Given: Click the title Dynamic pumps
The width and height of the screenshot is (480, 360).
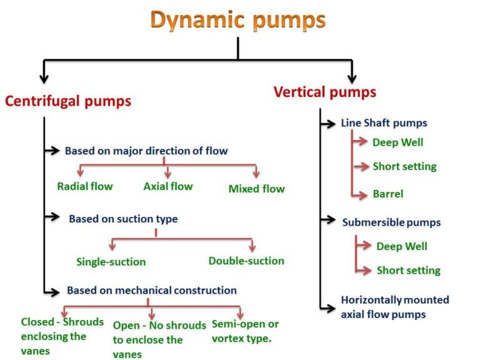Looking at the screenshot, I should (239, 20).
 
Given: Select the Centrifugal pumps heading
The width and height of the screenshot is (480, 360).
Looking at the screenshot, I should (68, 101).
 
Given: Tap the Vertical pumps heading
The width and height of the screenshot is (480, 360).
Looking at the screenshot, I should (325, 92).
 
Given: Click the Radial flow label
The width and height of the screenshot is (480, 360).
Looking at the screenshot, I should (85, 186).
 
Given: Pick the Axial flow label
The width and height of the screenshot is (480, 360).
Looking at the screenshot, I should (168, 186).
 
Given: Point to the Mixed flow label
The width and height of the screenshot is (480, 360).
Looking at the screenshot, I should (256, 189).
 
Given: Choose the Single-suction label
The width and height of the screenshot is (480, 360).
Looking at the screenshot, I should (111, 262).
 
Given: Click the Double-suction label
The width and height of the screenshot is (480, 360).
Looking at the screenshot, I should (246, 261).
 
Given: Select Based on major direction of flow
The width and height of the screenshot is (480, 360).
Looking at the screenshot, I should (146, 151).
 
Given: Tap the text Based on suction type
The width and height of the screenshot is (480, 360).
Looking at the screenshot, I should (123, 219).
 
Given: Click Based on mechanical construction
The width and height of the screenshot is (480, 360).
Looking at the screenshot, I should (152, 290).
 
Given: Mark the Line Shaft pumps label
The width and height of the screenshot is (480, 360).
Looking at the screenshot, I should (384, 123).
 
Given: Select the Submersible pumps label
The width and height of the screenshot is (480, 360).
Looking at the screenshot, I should (391, 222).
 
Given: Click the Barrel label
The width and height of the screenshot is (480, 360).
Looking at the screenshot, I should (388, 194).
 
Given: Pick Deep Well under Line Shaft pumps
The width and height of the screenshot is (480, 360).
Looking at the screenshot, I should (398, 142).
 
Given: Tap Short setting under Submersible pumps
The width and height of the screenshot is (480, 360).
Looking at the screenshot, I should (408, 271).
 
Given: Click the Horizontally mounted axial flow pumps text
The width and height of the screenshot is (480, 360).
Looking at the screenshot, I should (394, 307).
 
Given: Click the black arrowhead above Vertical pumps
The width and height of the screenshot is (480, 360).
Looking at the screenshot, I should (352, 78).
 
